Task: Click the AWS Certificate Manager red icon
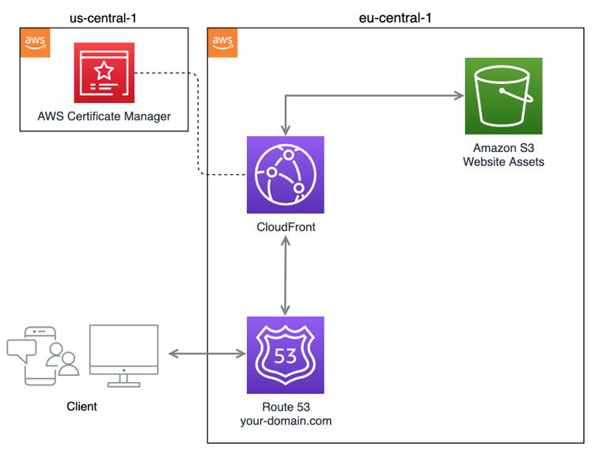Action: click(104, 73)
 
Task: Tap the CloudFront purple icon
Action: click(285, 175)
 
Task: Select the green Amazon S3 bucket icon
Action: click(503, 97)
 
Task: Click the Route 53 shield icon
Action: click(285, 355)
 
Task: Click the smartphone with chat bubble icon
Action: click(36, 355)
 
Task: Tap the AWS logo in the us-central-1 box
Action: click(33, 42)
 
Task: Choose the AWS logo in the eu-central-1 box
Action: click(222, 42)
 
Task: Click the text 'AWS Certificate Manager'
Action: click(104, 117)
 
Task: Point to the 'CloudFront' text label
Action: click(285, 227)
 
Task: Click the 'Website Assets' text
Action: click(503, 161)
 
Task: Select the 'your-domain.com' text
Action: click(285, 421)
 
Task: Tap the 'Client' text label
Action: click(81, 406)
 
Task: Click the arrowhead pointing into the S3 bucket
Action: click(458, 97)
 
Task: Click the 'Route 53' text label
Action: click(285, 407)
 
